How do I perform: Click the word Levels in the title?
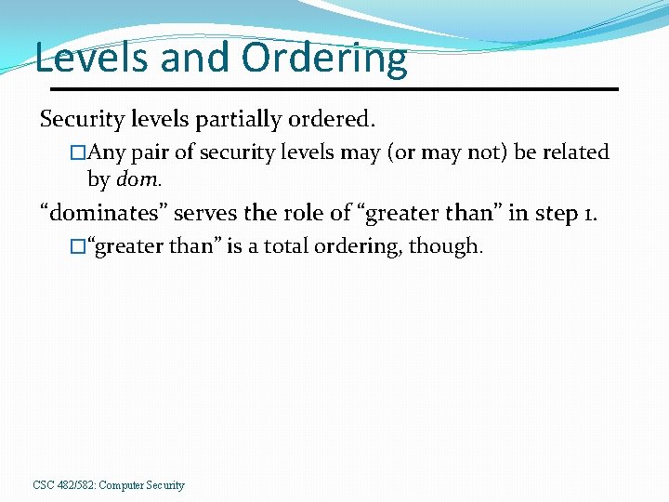coord(90,58)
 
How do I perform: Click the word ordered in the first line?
coord(335,119)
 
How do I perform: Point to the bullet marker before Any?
coord(78,152)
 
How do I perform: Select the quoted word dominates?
coord(103,213)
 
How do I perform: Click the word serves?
coord(204,213)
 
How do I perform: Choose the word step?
coord(555,213)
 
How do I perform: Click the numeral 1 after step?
coord(591,213)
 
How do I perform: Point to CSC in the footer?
coord(43,485)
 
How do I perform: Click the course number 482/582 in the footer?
coord(75,485)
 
